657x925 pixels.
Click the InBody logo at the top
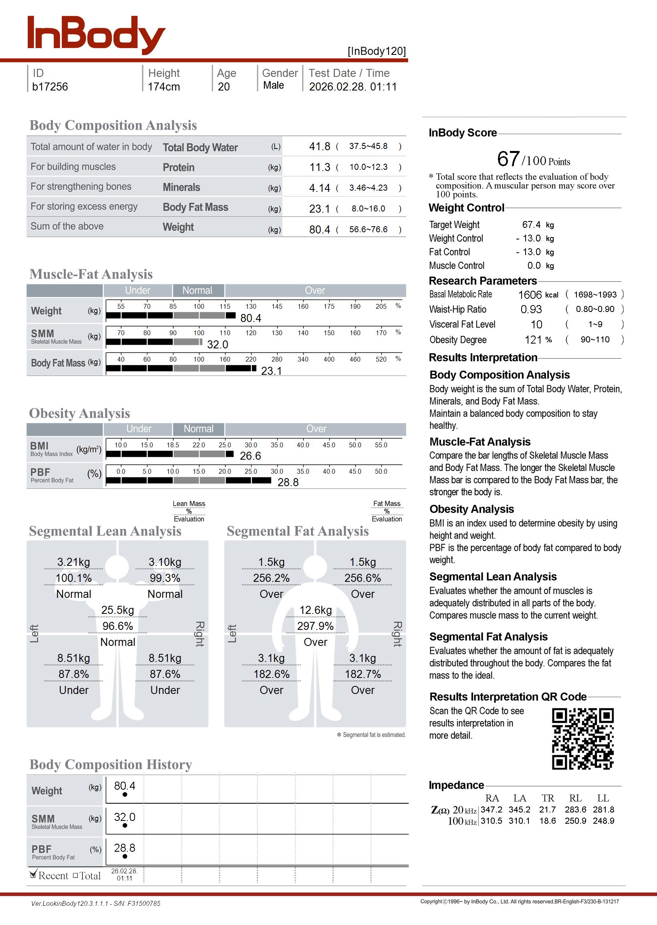pyautogui.click(x=96, y=35)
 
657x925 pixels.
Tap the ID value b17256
pyautogui.click(x=50, y=87)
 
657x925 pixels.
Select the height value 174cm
pyautogui.click(x=163, y=87)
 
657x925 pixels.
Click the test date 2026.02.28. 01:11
pyautogui.click(x=353, y=87)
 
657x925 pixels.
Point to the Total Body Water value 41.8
pyautogui.click(x=320, y=146)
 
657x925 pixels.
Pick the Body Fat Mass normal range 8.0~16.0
pyautogui.click(x=368, y=209)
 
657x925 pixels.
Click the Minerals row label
pyautogui.click(x=181, y=187)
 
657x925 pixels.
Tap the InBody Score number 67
pyautogui.click(x=508, y=159)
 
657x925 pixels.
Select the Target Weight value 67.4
pyautogui.click(x=531, y=225)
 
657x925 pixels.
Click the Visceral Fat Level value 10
pyautogui.click(x=536, y=325)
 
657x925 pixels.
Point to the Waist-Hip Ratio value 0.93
pyautogui.click(x=531, y=310)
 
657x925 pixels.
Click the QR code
pyautogui.click(x=582, y=739)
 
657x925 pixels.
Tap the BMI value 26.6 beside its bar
pyautogui.click(x=250, y=456)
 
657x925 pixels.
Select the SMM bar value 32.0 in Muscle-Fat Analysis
pyautogui.click(x=218, y=345)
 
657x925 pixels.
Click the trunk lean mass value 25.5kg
pyautogui.click(x=118, y=610)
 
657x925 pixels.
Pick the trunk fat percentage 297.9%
pyautogui.click(x=316, y=626)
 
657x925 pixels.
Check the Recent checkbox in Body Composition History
pyautogui.click(x=34, y=875)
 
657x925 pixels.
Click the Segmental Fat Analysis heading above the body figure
pyautogui.click(x=297, y=531)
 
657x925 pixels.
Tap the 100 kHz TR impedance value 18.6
pyautogui.click(x=547, y=821)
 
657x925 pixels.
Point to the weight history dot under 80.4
pyautogui.click(x=125, y=794)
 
